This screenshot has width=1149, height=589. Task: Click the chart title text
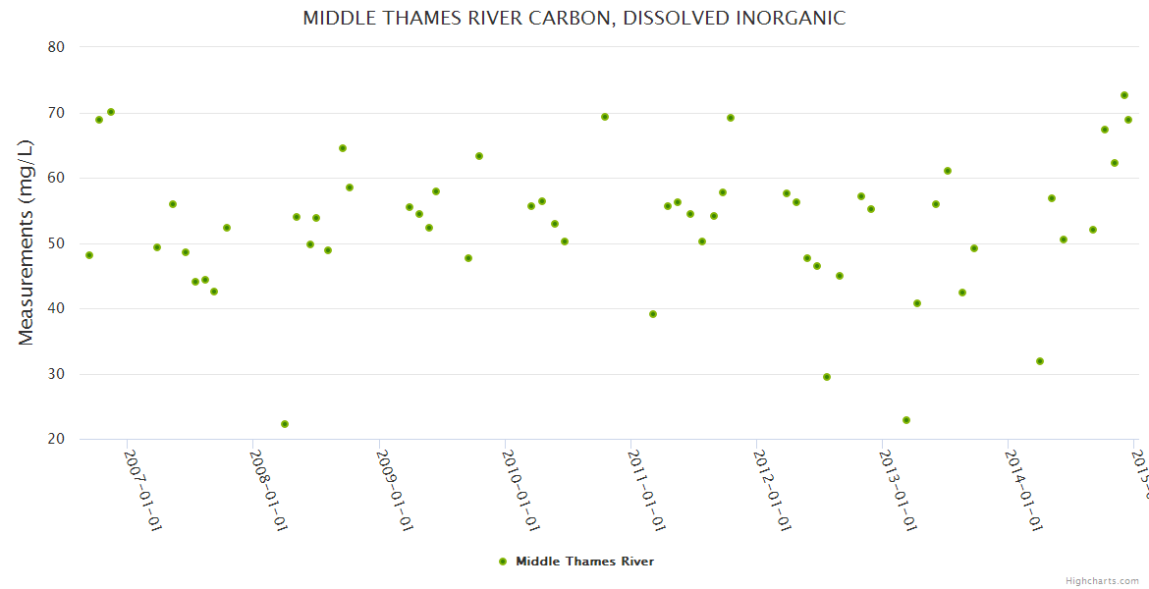[x=574, y=19]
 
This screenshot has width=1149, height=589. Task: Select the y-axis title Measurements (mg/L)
[x=27, y=241]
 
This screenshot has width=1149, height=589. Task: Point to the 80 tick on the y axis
[x=55, y=47]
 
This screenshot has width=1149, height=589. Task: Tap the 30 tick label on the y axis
[x=55, y=374]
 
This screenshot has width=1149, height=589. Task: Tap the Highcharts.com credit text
[x=1102, y=580]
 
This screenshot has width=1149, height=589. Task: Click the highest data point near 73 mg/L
[x=1124, y=95]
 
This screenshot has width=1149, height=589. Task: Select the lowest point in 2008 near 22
[x=285, y=424]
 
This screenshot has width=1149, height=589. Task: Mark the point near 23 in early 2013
[x=906, y=420]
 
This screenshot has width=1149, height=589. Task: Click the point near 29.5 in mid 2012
[x=827, y=377]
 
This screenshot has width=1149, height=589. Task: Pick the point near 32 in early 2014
[x=1040, y=361]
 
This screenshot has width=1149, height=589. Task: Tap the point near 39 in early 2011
[x=653, y=314]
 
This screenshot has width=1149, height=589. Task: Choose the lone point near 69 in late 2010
[x=605, y=117]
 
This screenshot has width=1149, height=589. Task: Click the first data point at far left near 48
[x=89, y=255]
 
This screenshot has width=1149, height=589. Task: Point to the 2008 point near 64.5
[x=343, y=148]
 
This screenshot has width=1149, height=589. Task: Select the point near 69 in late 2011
[x=731, y=118]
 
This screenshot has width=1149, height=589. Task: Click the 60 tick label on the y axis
[x=55, y=178]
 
